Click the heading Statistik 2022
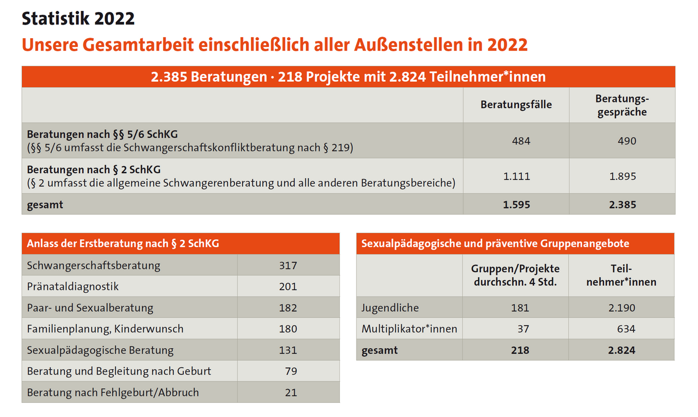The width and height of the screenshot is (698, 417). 78,19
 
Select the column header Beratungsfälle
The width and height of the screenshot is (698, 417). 516,105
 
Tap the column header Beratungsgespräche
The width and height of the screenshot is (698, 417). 622,105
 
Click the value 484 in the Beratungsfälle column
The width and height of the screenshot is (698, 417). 521,141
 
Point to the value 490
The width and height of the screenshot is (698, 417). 627,141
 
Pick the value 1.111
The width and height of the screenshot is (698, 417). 516,176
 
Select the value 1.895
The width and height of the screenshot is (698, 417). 622,176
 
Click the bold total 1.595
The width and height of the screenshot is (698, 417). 516,205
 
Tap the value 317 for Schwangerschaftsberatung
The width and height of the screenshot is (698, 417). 287,265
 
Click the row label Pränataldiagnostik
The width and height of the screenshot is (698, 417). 73,286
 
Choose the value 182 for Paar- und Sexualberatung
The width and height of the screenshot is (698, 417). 287,307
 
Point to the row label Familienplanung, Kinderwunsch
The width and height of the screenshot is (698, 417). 105,329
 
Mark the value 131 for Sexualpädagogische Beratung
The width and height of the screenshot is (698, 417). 287,350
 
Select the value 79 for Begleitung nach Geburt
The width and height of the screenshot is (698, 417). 291,371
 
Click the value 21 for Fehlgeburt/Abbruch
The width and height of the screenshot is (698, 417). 291,392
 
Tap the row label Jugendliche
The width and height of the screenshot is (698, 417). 390,307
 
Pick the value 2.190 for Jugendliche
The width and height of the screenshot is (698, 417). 622,307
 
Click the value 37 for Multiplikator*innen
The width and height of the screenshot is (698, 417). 522,329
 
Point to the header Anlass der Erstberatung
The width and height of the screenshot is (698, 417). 123,244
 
